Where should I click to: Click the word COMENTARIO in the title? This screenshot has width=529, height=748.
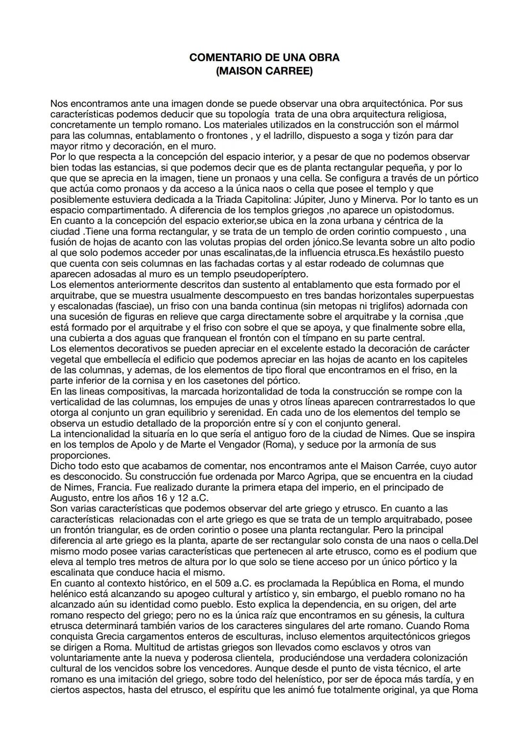(x=221, y=57)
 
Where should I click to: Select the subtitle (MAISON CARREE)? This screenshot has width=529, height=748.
(x=264, y=71)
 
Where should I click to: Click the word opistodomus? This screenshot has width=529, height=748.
(x=427, y=210)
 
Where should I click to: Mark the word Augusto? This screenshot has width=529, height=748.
(x=68, y=498)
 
